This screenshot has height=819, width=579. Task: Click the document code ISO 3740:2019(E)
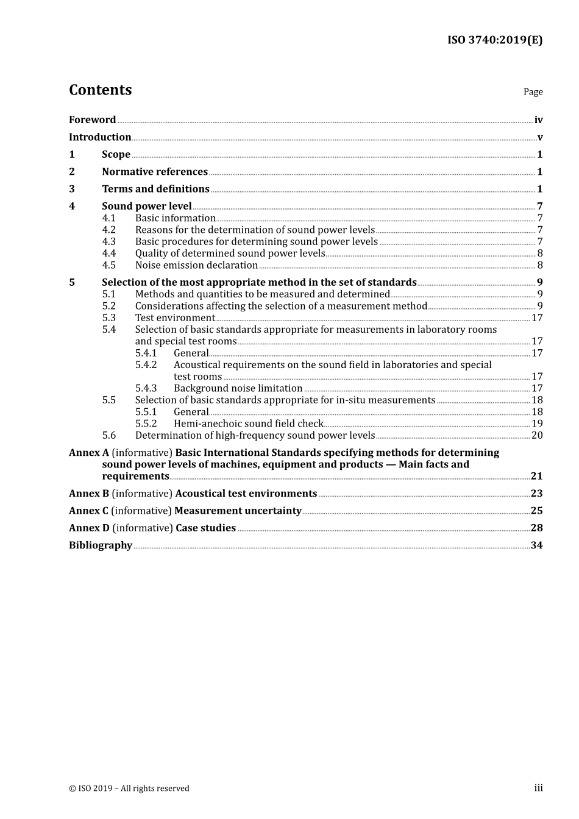[494, 40]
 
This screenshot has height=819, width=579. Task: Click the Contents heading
[100, 90]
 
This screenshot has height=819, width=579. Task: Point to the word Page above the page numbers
[533, 92]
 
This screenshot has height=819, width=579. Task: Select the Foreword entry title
[92, 120]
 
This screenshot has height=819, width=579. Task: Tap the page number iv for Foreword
[538, 120]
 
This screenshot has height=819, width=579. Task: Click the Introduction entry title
[100, 137]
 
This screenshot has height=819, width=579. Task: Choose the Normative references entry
[155, 172]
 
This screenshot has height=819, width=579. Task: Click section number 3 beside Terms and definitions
[72, 189]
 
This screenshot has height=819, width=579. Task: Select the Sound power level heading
[147, 207]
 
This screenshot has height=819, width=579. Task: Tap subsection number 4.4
[109, 253]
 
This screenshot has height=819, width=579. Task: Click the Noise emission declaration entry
[196, 265]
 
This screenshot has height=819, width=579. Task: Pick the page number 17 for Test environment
[537, 318]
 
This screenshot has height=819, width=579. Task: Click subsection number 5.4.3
[146, 388]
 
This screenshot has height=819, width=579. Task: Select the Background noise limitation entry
[238, 388]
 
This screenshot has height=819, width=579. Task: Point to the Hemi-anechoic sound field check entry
[248, 424]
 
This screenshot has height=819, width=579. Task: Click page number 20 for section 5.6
[537, 435]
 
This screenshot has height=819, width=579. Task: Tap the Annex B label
[89, 494]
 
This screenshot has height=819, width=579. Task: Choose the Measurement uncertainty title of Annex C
[238, 511]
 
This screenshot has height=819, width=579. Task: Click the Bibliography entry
[101, 545]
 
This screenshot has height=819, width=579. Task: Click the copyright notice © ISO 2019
[129, 789]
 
